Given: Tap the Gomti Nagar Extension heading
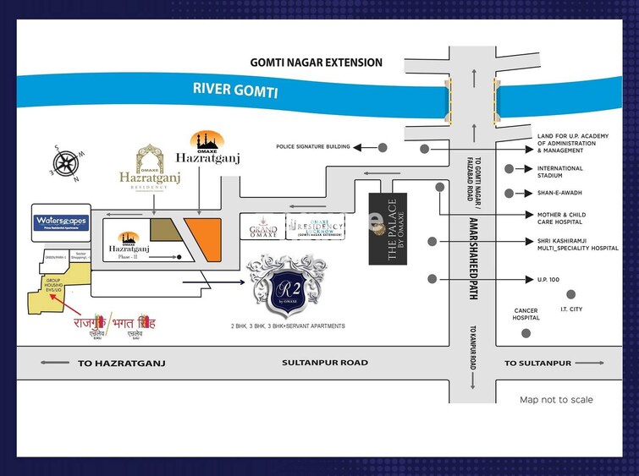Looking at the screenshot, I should [x=316, y=63].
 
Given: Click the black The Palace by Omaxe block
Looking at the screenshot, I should [x=388, y=229].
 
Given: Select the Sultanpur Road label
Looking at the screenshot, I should [x=325, y=363].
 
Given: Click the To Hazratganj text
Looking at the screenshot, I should [x=120, y=363].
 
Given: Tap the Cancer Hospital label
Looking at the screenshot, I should [x=526, y=315].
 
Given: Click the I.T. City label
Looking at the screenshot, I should [x=570, y=310].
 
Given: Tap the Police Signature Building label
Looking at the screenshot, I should [x=312, y=147].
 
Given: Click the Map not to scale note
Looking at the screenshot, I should [x=556, y=400].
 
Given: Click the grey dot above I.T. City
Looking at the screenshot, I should [x=570, y=294].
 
